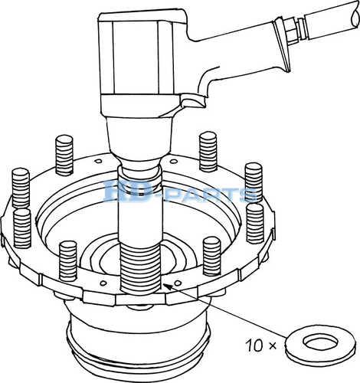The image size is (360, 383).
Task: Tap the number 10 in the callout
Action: [254, 345]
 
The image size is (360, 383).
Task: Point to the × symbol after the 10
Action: [273, 346]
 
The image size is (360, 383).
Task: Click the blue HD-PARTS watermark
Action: [180, 191]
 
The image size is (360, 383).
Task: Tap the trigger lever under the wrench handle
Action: [193, 101]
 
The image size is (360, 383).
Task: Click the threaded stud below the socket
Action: [140, 268]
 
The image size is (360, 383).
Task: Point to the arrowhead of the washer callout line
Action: [165, 286]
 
